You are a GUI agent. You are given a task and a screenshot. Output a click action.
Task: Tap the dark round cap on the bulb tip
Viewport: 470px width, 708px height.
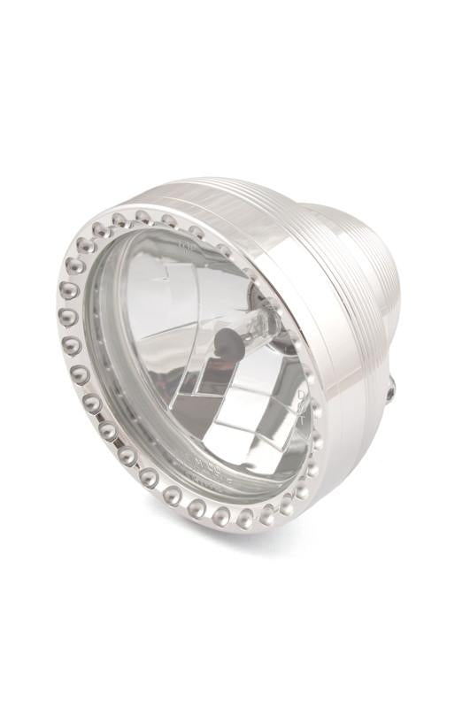229,343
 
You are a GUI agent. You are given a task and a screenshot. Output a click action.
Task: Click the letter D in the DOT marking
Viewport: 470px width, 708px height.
301,395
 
